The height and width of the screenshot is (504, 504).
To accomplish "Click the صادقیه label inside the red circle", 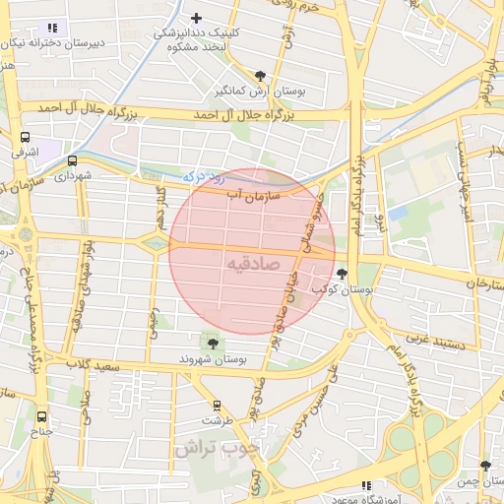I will (253, 265).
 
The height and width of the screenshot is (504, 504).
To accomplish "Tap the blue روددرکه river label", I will (205, 177).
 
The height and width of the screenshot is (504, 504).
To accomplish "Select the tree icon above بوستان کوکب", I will (342, 274).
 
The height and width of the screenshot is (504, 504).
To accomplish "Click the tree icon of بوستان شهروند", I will (213, 343).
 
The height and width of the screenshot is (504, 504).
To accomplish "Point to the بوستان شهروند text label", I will (211, 361).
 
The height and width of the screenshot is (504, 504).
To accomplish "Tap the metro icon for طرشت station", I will (217, 405).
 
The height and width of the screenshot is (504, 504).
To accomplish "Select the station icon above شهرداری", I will (72, 159).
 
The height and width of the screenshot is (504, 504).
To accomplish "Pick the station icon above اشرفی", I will (24, 138).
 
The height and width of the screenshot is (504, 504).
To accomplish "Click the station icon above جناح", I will (41, 415).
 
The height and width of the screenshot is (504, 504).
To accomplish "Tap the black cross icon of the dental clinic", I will (197, 18).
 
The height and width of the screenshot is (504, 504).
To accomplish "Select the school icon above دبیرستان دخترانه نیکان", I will (52, 28).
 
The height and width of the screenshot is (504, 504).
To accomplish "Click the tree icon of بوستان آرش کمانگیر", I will (260, 75).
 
